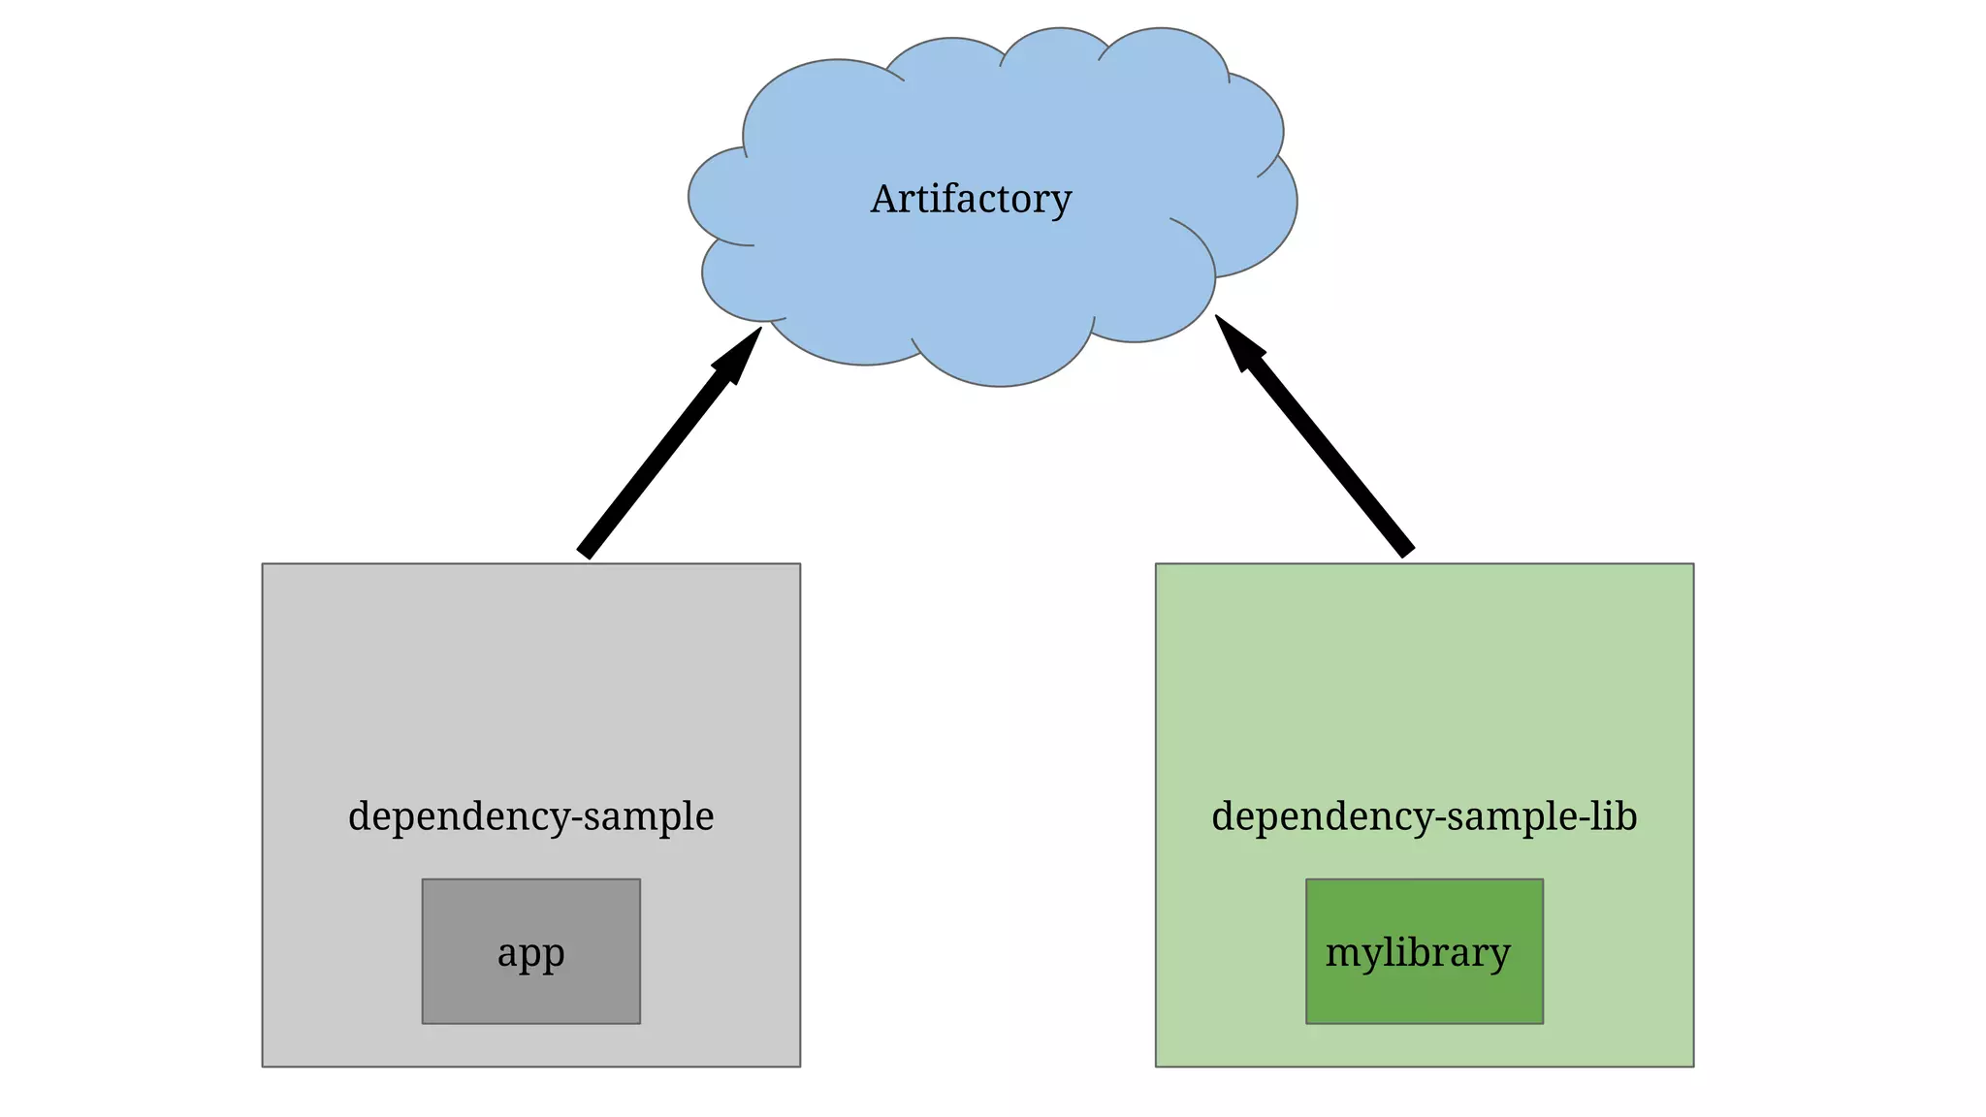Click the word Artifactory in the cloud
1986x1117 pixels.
[971, 200]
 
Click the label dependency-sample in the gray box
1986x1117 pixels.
[530, 816]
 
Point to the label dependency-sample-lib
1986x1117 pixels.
[1424, 816]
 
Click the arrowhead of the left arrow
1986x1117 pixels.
[743, 352]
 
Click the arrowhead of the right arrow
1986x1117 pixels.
[1236, 340]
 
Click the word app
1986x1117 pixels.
[530, 953]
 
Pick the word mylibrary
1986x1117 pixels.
[1418, 953]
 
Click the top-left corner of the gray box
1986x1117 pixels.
[263, 564]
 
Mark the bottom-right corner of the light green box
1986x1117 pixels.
[1693, 1067]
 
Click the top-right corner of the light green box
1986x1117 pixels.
[1693, 564]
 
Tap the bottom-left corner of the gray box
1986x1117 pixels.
[263, 1067]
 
